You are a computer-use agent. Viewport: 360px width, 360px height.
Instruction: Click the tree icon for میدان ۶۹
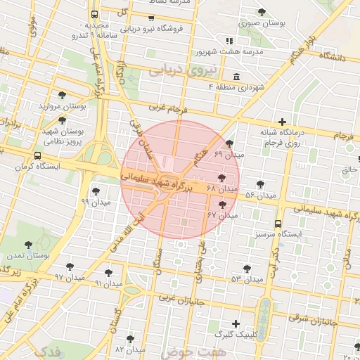tap(229, 143)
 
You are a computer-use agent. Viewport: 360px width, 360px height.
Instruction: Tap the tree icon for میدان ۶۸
tap(222, 179)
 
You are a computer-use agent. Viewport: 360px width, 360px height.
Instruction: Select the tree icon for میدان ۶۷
tap(223, 205)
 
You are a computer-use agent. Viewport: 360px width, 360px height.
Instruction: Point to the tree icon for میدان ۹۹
tap(96, 191)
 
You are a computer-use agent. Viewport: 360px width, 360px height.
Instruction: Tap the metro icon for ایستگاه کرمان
tap(37, 156)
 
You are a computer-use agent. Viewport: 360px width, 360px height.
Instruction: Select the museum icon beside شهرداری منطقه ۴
tap(235, 77)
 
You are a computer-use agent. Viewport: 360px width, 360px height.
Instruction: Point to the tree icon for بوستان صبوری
tap(262, 12)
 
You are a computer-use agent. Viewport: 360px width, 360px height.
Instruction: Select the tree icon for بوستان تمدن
tap(28, 245)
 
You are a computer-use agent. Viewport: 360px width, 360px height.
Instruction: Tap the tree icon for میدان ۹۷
tap(69, 266)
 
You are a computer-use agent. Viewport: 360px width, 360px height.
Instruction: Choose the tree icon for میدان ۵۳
tap(246, 268)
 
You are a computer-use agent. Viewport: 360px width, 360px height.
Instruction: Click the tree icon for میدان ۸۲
tap(129, 338)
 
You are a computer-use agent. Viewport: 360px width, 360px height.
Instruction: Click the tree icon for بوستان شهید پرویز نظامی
tap(62, 120)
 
